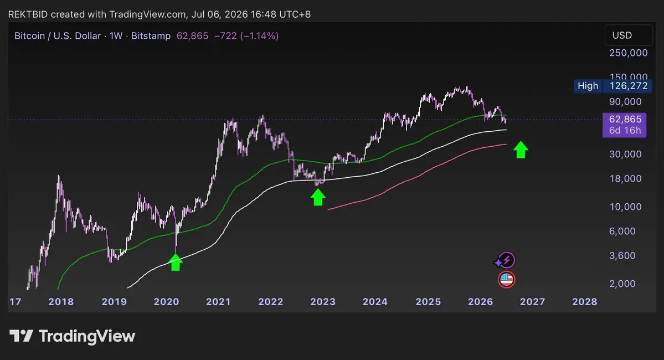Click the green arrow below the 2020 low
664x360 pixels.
pos(176,262)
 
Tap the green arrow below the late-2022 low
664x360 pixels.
pos(318,197)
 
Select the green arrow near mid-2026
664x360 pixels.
pos(521,150)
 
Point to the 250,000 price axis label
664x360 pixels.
pos(629,53)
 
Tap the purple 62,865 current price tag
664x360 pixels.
pos(625,125)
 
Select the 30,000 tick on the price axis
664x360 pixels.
pos(625,154)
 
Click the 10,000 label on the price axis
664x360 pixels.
pos(625,207)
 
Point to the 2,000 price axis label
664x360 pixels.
pos(622,284)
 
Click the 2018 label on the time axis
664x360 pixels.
pos(61,301)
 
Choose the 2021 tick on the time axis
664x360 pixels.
pos(218,301)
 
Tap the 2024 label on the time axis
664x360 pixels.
pos(375,301)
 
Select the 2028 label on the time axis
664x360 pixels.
pos(584,301)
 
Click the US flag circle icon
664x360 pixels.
pos(507,280)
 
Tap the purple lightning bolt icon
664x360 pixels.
pos(506,260)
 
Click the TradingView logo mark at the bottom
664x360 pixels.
pos(21,336)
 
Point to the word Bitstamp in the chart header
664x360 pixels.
pos(151,36)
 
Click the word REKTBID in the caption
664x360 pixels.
pos(28,14)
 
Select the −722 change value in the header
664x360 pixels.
pos(225,36)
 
